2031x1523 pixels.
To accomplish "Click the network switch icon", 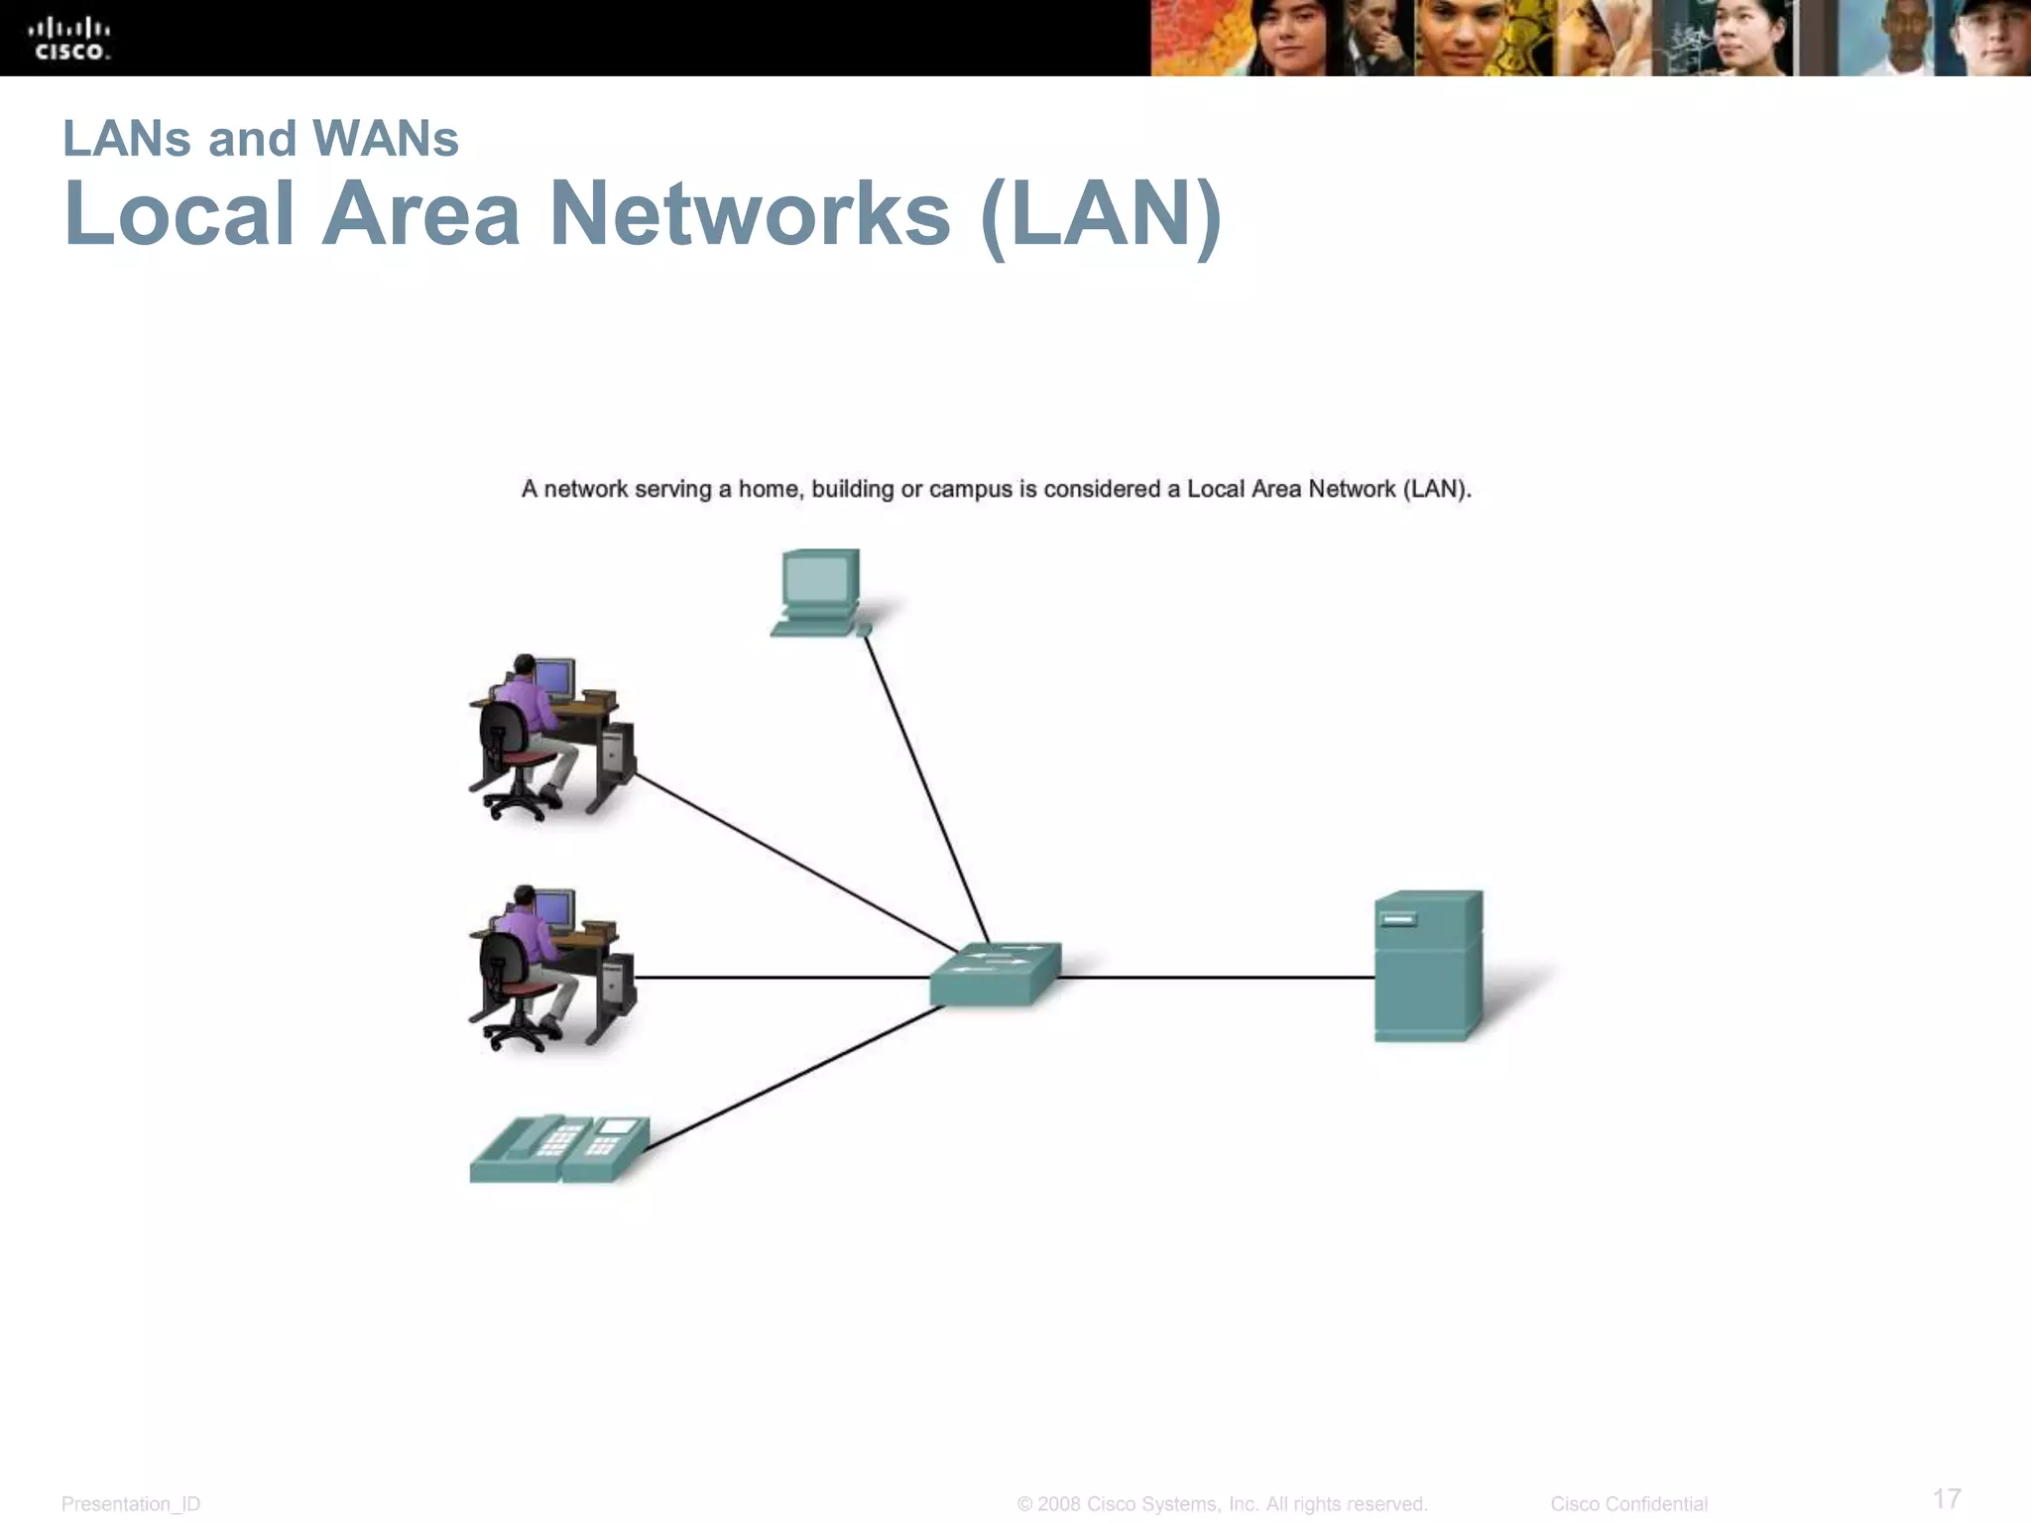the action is click(995, 974).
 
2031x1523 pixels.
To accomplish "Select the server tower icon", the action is click(1427, 966).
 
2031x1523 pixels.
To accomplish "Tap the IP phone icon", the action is click(559, 1149).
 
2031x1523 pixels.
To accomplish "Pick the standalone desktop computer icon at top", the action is click(819, 593).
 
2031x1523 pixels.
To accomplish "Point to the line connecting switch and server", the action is click(1216, 978).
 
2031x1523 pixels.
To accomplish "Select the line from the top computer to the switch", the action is click(927, 788).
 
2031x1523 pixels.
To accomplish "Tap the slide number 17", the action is click(1947, 1498).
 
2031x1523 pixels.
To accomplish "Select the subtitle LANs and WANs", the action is click(261, 139).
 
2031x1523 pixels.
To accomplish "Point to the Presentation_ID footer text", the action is click(131, 1504).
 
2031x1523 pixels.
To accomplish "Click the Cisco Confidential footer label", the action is click(1628, 1504).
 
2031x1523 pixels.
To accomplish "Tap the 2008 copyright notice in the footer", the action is click(1222, 1504).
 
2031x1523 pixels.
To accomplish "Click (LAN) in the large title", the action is click(1101, 216).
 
